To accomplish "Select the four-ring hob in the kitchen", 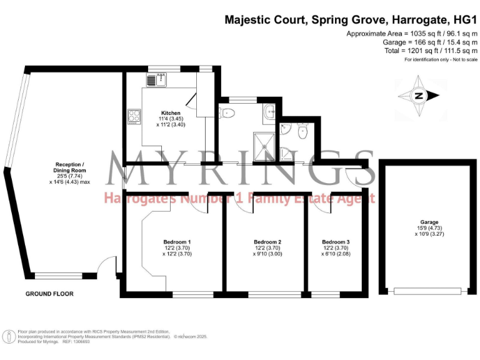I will [135, 116].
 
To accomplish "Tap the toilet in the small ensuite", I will [302, 131].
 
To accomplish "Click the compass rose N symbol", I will [419, 96].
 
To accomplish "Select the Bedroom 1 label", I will [177, 242].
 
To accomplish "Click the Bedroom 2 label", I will [267, 242].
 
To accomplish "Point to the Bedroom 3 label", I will [336, 242].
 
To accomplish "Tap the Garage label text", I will [429, 222].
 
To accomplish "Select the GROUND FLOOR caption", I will [49, 294].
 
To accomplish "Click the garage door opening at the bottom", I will [429, 290].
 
